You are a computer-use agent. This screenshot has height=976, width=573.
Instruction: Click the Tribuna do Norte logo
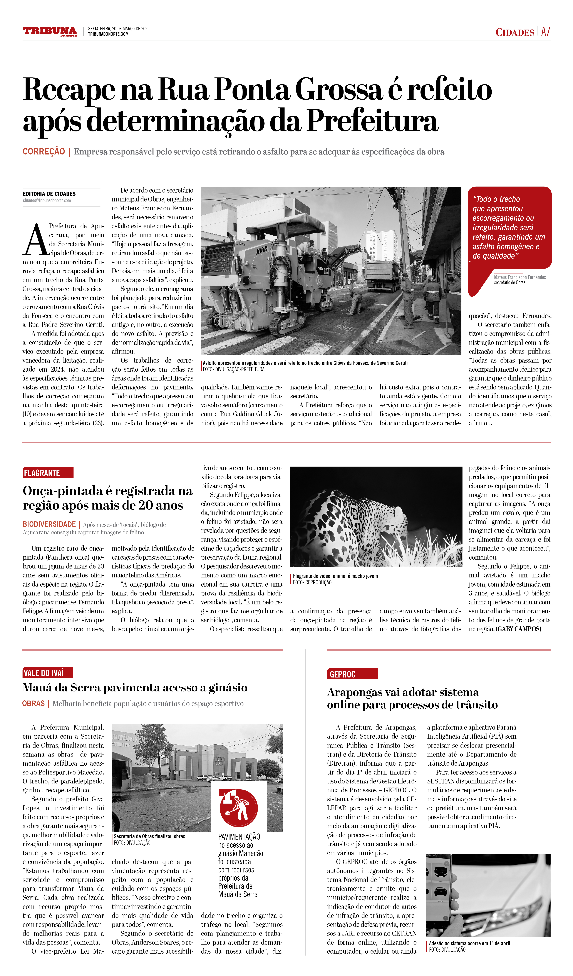coord(50,31)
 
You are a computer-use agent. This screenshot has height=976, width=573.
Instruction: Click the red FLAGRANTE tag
coord(48,473)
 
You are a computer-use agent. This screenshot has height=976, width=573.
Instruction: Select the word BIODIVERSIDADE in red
coord(49,524)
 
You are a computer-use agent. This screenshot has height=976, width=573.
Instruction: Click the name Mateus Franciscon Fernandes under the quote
coord(520,277)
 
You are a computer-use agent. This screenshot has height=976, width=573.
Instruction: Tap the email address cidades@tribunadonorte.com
coord(47,201)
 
